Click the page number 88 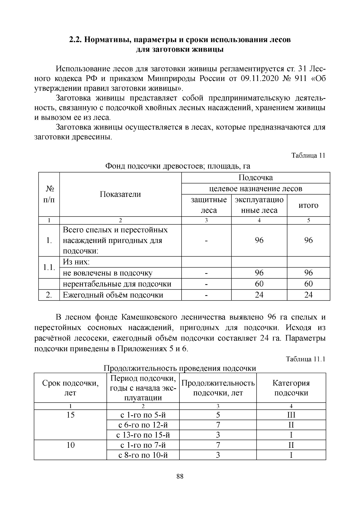180,476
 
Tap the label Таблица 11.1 306,359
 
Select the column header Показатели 120,194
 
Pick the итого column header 308,205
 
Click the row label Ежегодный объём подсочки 113,295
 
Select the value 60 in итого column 308,284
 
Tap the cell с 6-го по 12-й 143,425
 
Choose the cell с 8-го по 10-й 143,455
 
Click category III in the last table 291,415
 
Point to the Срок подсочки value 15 70,415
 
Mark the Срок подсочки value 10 70,445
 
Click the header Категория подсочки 291,388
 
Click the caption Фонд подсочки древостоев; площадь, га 177,166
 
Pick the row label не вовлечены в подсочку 107,273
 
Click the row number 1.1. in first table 49,267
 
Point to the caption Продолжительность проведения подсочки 180,368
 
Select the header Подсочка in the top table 256,178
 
